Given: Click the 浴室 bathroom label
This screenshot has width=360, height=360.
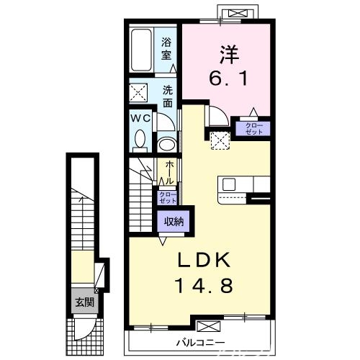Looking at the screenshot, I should tap(167, 48).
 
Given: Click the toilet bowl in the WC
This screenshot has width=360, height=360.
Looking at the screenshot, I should tap(140, 138).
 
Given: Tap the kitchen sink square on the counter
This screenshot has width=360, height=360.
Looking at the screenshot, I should tap(230, 184).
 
